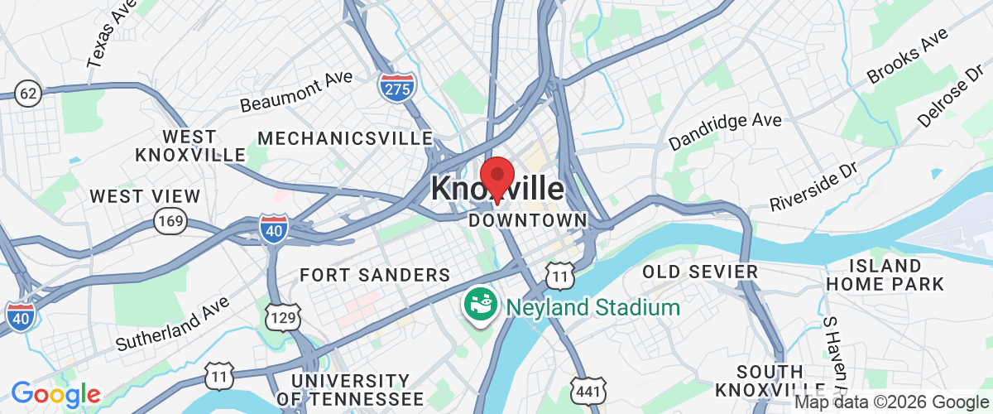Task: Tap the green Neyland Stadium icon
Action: [479, 305]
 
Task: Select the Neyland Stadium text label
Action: [593, 308]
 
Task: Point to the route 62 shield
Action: [27, 93]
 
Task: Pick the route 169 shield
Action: [170, 220]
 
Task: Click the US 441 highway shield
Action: [589, 390]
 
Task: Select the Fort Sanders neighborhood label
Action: [375, 275]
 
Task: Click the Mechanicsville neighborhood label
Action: [346, 137]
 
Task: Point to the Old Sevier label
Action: [700, 272]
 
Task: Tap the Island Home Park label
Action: [885, 275]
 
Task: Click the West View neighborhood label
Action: [145, 196]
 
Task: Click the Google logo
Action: [55, 394]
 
